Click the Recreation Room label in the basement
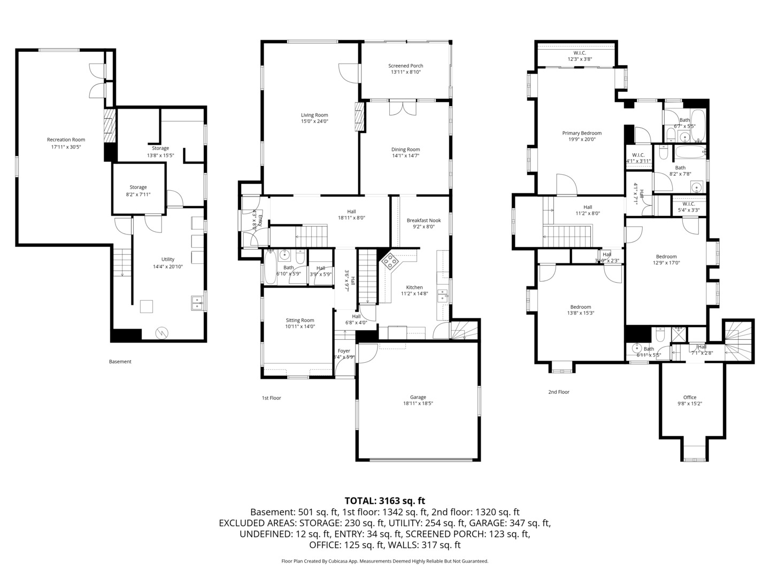click(x=66, y=140)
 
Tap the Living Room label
click(x=314, y=115)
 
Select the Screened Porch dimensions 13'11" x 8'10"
click(x=405, y=72)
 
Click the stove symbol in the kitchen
click(x=390, y=262)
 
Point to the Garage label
click(x=418, y=397)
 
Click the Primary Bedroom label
click(x=582, y=133)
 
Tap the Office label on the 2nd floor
click(x=690, y=397)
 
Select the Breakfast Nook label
click(x=423, y=220)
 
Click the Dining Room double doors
click(x=403, y=107)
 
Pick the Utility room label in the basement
click(x=168, y=260)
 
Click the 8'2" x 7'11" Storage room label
click(x=138, y=188)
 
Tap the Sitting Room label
click(x=299, y=321)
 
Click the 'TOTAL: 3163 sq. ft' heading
click(x=384, y=501)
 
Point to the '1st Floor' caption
click(x=271, y=398)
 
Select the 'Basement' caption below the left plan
click(x=120, y=362)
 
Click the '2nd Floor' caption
click(x=559, y=392)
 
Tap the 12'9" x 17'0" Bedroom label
click(x=666, y=256)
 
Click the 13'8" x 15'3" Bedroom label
click(x=580, y=307)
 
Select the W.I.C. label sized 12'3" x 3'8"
click(x=580, y=53)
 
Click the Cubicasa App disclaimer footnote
click(x=384, y=561)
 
